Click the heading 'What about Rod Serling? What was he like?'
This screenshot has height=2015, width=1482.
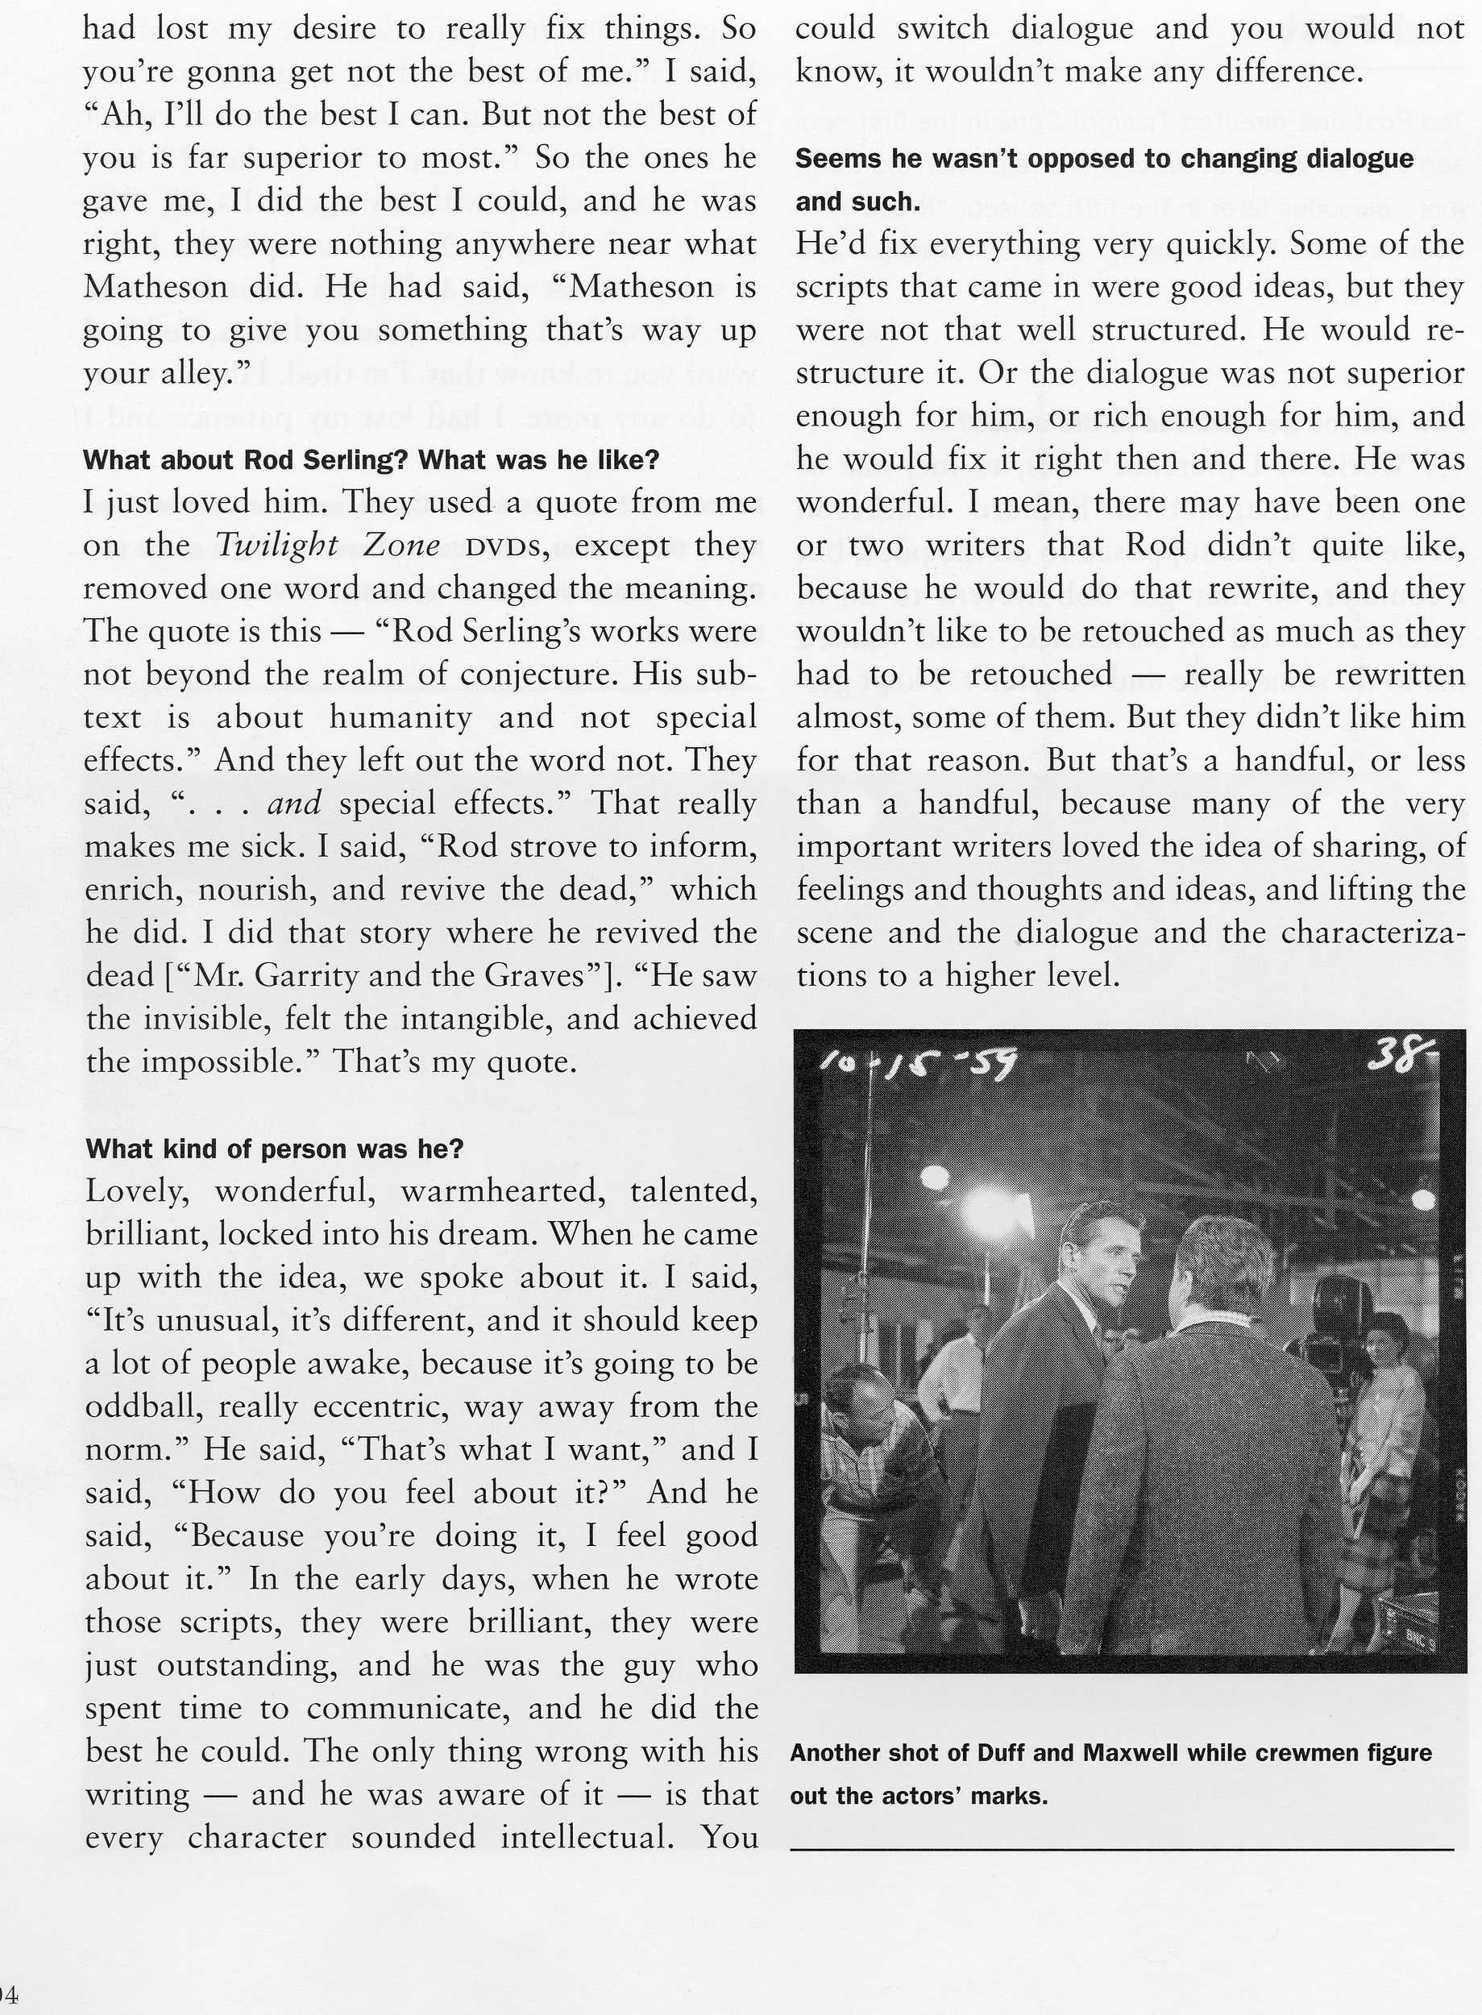[371, 460]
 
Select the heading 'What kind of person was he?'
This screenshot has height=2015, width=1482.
[274, 1149]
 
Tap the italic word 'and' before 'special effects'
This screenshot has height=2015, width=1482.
[293, 804]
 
